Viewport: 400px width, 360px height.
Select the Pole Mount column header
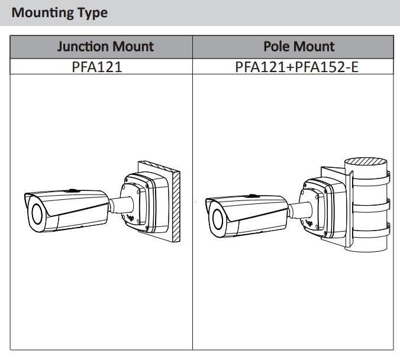tap(299, 47)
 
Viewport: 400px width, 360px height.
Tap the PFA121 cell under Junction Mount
tap(97, 66)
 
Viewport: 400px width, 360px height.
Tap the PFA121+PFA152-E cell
tap(296, 66)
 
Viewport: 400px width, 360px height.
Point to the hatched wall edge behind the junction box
tap(176, 207)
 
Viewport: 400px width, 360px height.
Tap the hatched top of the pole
tap(366, 160)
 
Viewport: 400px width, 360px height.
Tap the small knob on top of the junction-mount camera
tap(71, 190)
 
